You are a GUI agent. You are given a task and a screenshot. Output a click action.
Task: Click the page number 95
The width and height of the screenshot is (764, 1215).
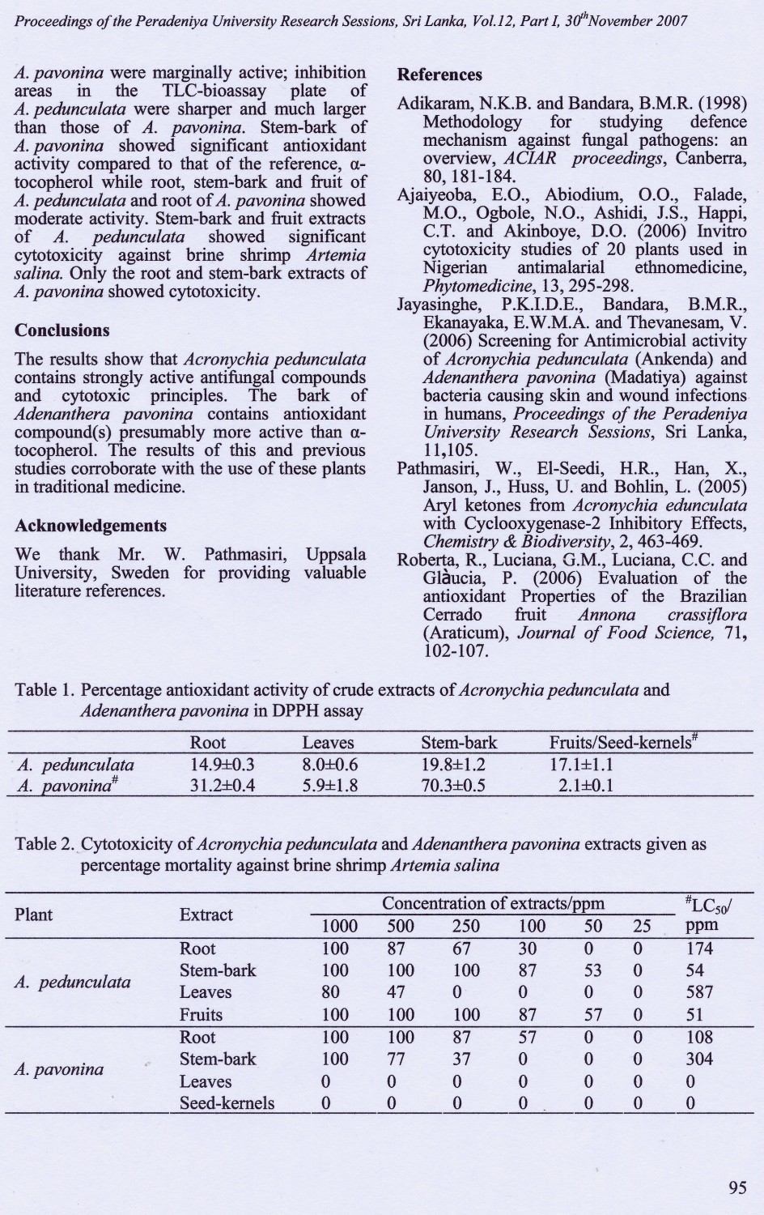tap(736, 1187)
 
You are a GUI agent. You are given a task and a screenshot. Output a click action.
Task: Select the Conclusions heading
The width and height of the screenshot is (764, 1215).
tap(62, 330)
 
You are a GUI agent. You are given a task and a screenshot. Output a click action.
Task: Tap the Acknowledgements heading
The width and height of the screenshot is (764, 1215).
tap(91, 526)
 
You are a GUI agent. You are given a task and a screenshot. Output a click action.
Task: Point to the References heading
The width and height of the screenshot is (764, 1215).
tap(439, 75)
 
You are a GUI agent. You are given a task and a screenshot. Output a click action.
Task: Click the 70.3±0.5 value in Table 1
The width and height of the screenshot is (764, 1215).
tap(453, 784)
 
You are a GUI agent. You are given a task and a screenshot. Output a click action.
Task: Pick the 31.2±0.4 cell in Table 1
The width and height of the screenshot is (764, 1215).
tap(222, 784)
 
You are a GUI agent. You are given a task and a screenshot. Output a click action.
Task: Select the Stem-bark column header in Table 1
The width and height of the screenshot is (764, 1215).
tap(459, 742)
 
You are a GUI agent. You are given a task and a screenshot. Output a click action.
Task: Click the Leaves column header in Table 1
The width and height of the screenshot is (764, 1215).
tap(328, 742)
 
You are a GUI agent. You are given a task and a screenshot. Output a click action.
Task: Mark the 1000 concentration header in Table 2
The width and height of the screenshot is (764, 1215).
tap(335, 927)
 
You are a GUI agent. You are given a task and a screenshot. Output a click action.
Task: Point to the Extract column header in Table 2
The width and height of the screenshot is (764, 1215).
tap(206, 914)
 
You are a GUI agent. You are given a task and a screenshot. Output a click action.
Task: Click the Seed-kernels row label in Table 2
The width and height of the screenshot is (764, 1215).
tap(227, 1102)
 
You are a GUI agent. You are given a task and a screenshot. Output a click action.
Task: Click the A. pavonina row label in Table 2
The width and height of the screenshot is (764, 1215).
tap(59, 1069)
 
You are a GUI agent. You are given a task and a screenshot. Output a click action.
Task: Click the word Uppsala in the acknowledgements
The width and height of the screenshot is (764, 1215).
tap(335, 555)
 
